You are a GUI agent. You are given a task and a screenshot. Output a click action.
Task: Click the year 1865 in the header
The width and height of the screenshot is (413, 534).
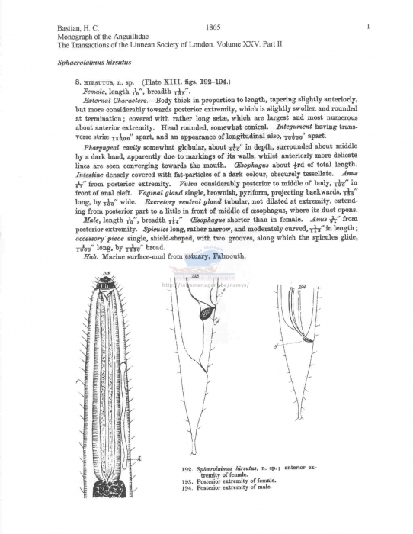pos(213,27)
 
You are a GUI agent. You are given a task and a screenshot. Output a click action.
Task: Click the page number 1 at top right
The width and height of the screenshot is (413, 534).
pos(367,27)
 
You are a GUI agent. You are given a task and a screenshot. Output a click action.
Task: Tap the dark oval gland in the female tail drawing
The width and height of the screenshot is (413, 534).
pos(206,313)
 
